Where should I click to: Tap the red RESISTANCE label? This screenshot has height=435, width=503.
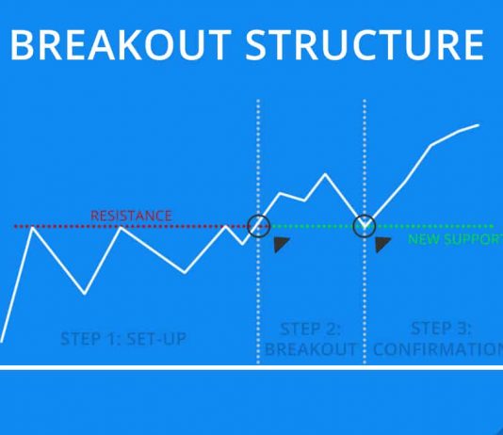coord(131,216)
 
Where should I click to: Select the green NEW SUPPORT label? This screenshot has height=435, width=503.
coord(454,239)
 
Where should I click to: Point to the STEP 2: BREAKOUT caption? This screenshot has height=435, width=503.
coord(310,339)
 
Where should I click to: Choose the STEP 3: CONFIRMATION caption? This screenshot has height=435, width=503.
coord(438,339)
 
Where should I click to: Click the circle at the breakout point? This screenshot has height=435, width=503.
coord(258,226)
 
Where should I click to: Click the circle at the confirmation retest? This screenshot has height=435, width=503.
coord(365,226)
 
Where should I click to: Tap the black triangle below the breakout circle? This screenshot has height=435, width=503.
coord(281,245)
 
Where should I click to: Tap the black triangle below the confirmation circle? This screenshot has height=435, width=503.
coord(381,245)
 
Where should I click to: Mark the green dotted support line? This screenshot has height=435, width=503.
coord(433,226)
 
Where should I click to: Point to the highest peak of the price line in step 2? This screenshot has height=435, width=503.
coord(326,174)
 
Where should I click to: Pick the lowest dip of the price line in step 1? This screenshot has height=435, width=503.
coord(86,293)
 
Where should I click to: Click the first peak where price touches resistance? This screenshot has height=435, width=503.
coord(34,228)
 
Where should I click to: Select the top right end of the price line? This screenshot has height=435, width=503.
coord(479,124)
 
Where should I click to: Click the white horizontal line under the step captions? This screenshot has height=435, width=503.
coord(251,366)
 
